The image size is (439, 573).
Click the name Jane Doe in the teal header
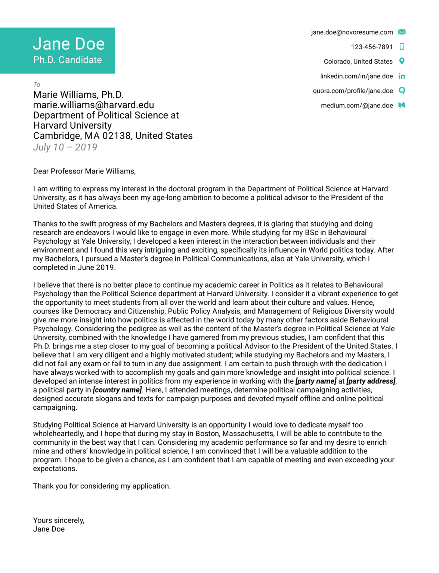click(x=69, y=44)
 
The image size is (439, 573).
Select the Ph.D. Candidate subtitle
click(x=67, y=60)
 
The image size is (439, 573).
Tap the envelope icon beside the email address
click(x=402, y=32)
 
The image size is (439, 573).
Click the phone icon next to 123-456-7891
click(x=402, y=47)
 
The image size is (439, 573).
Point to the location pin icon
click(x=402, y=61)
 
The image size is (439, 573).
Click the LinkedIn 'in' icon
click(x=402, y=76)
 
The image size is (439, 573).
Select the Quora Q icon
click(x=402, y=91)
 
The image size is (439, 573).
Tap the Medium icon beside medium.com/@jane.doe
click(x=402, y=105)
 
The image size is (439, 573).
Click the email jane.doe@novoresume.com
click(x=352, y=32)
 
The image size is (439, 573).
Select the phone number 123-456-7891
click(x=372, y=47)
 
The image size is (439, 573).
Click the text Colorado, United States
click(x=358, y=62)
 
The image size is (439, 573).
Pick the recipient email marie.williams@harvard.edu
click(x=93, y=105)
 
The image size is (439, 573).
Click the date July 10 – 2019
click(x=65, y=147)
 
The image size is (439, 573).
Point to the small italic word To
click(x=37, y=85)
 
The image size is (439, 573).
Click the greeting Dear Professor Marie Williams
click(x=84, y=171)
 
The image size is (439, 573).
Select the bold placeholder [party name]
click(x=316, y=381)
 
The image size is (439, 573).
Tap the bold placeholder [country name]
click(x=117, y=390)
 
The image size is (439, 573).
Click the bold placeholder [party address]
click(x=371, y=381)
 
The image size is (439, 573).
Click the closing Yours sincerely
click(x=59, y=520)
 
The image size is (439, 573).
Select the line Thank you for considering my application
click(x=102, y=486)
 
